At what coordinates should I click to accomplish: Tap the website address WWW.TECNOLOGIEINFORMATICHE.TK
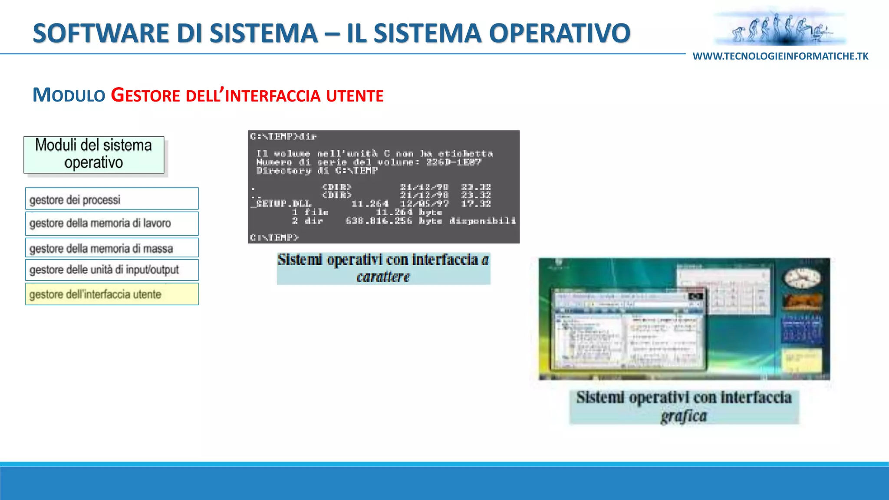(780, 56)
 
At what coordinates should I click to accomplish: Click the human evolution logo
(780, 29)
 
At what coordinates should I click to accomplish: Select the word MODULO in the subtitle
(69, 95)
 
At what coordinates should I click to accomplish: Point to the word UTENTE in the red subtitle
(355, 96)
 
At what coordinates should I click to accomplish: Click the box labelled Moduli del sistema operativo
(94, 155)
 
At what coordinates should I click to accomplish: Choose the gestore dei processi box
(112, 199)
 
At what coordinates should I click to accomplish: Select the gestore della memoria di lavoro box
(112, 224)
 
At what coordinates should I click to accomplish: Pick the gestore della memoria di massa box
(112, 248)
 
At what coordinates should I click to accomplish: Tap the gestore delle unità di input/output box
(112, 270)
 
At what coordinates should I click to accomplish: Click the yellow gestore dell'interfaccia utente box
(112, 294)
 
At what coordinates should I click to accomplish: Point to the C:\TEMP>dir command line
(283, 137)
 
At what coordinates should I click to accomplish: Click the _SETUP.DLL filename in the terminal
(281, 204)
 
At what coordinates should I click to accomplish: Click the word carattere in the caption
(383, 276)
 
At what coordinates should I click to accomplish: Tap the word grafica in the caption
(684, 416)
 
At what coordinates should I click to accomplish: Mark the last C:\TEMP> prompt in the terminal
(274, 237)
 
